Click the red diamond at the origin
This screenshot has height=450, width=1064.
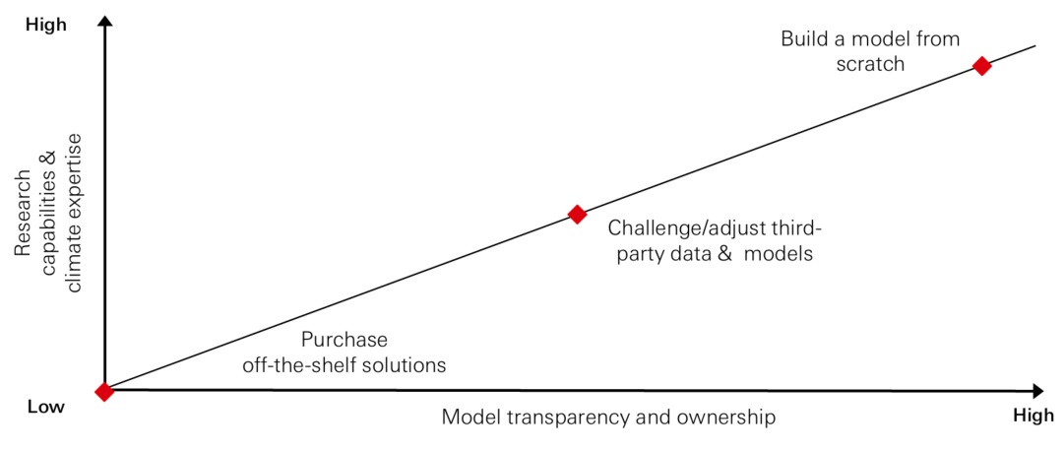pyautogui.click(x=104, y=392)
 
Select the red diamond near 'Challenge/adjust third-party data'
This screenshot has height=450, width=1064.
pyautogui.click(x=578, y=214)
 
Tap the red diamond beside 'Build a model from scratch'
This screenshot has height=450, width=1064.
pyautogui.click(x=980, y=66)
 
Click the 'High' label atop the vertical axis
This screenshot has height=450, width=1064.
pyautogui.click(x=45, y=26)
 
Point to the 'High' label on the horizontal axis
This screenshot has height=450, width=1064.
pyautogui.click(x=1033, y=417)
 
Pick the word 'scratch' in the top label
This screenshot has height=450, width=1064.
pyautogui.click(x=870, y=64)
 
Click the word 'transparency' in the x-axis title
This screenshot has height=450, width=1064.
pyautogui.click(x=564, y=418)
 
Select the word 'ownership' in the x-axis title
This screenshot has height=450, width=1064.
pyautogui.click(x=727, y=418)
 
